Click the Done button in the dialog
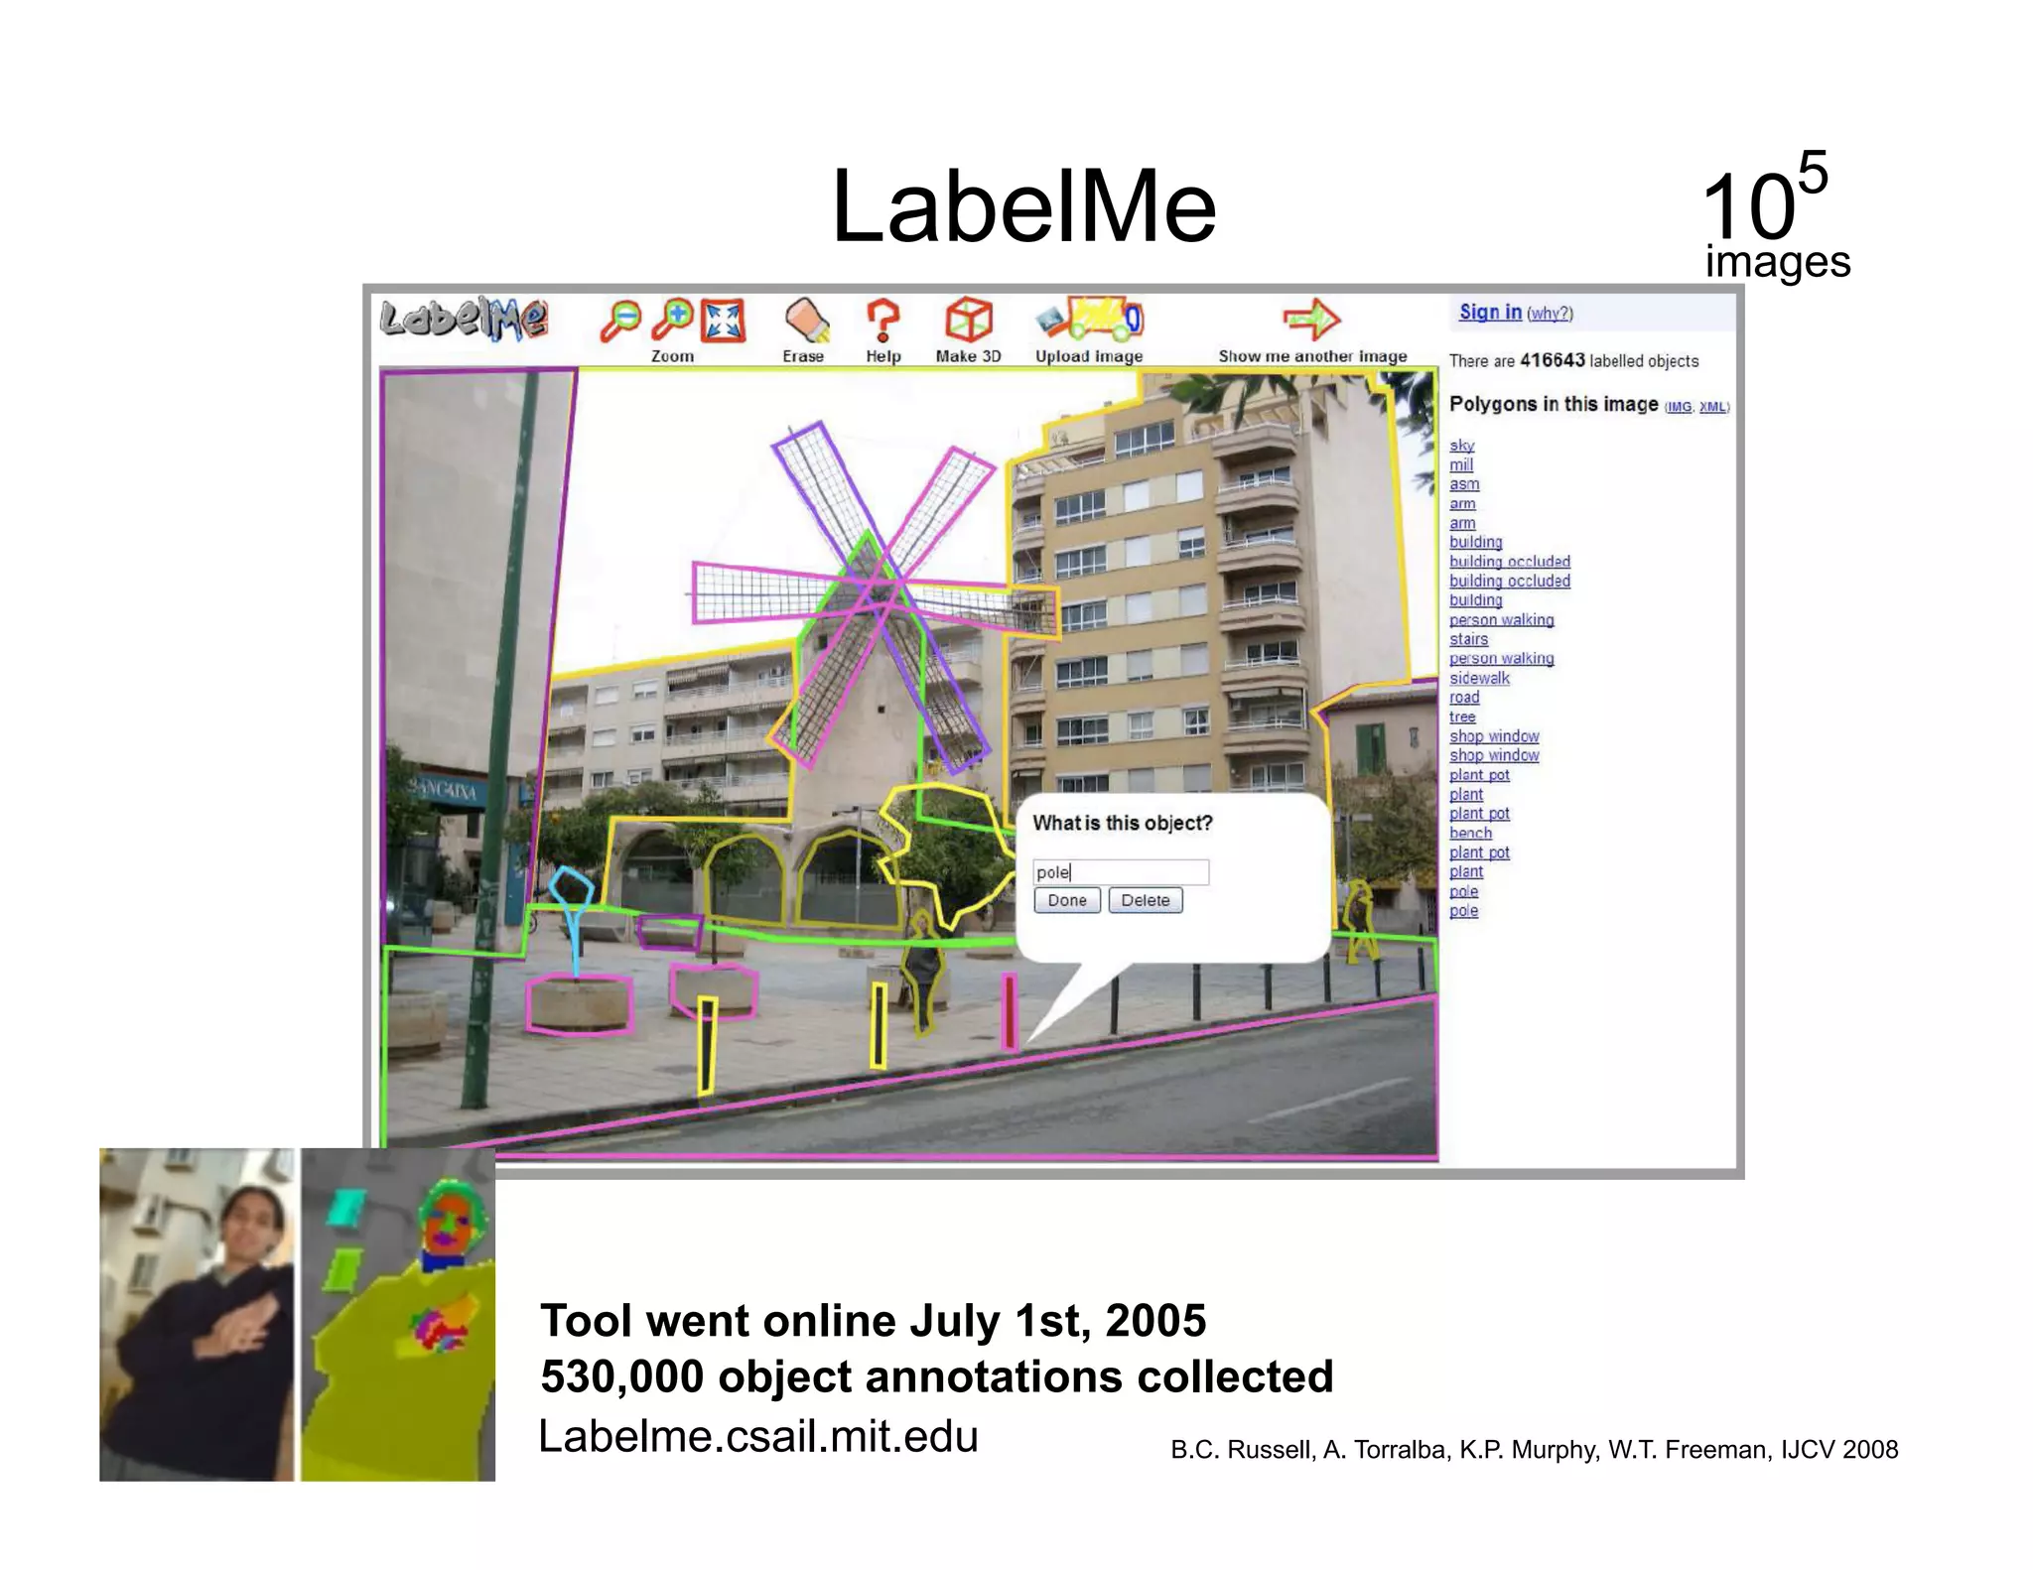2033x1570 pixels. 1067,900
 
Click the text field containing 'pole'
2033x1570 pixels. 1120,872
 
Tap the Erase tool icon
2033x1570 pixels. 806,322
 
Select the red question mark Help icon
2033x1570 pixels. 882,321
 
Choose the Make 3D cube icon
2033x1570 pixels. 968,321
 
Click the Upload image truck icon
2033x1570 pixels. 1089,320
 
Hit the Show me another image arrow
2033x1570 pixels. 1311,320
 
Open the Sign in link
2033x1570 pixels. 1490,312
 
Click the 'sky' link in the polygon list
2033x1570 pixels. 1461,446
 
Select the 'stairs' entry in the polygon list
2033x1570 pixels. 1468,639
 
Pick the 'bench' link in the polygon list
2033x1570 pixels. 1470,833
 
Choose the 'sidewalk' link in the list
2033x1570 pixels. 1479,678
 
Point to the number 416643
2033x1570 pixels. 1553,360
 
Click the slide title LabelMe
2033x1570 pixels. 1023,206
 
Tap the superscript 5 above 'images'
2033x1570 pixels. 1812,173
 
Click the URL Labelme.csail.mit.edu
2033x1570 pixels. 758,1436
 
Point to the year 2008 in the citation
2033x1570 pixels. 1869,1450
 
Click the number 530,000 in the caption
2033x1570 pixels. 621,1377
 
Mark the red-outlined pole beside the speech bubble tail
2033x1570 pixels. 1009,1010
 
